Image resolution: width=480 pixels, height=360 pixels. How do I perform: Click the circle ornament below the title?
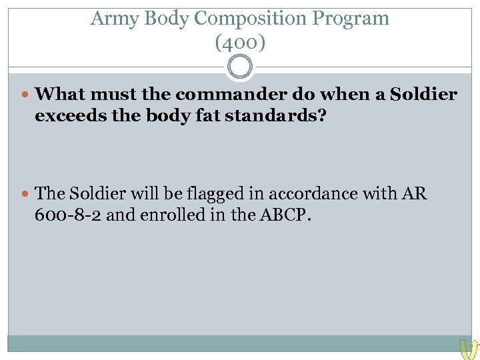240,67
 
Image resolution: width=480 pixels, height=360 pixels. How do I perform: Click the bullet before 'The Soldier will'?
27,194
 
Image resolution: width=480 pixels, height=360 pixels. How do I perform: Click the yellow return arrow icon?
469,349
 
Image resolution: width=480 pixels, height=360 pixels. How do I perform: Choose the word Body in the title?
166,19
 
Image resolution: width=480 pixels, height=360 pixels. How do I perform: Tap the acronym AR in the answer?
415,194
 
